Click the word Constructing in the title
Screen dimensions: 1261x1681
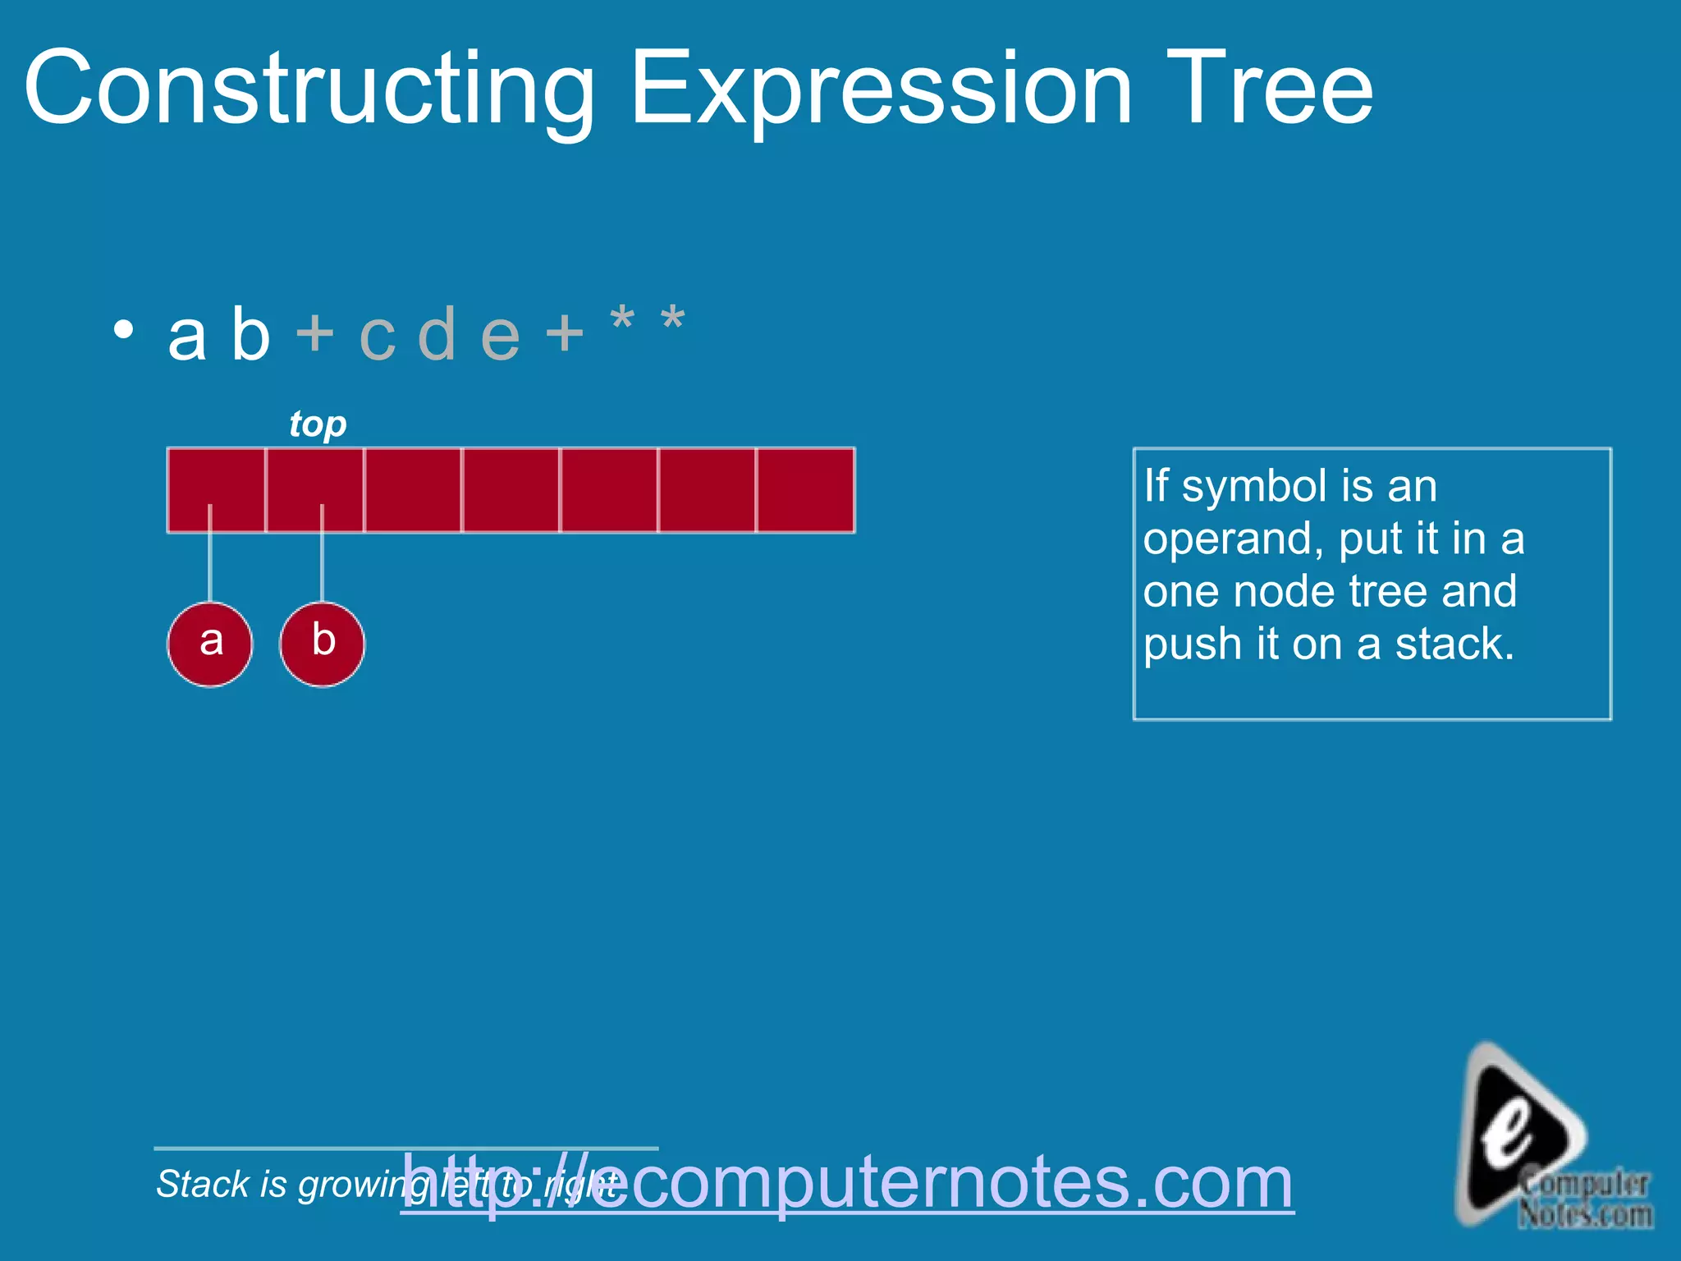[309, 89]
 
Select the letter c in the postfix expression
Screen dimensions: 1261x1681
[378, 336]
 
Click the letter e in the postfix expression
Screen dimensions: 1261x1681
[500, 336]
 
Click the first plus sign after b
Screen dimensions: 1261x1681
[315, 333]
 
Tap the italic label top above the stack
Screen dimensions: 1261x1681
[318, 424]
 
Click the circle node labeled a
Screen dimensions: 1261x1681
[210, 644]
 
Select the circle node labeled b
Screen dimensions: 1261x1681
[323, 644]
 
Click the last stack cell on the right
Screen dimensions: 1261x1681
[805, 490]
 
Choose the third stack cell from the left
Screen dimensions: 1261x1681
[413, 490]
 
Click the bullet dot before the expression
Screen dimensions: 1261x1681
[123, 330]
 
